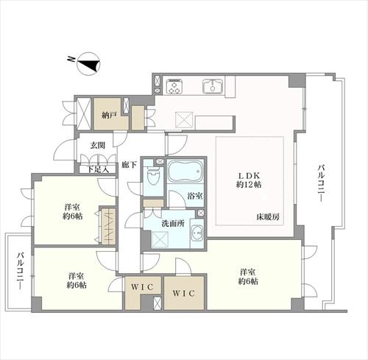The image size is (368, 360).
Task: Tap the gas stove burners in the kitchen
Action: (x=174, y=87)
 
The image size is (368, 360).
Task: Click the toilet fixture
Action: (x=153, y=177)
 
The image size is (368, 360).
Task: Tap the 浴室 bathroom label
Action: (x=195, y=197)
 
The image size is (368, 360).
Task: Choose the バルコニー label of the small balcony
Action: (x=16, y=272)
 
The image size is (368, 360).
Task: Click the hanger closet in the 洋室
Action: (x=107, y=226)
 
